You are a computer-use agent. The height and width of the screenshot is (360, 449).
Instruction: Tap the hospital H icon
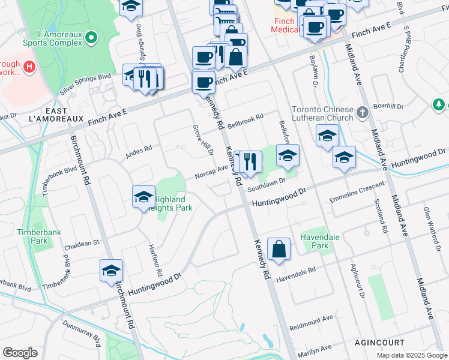click(28, 65)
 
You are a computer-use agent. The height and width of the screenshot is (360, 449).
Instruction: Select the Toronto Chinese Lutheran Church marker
click(362, 112)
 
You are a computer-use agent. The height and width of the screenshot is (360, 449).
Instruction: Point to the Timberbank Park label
click(32, 236)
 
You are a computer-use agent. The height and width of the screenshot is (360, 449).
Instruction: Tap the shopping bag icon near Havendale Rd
click(279, 250)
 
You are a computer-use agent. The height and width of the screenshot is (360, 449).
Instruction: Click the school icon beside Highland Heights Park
click(143, 197)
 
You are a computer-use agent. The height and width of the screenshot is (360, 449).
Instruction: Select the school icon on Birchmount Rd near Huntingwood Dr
click(111, 271)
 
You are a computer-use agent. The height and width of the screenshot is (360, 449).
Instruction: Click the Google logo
click(20, 353)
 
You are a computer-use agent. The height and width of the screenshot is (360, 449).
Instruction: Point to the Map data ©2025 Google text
click(411, 355)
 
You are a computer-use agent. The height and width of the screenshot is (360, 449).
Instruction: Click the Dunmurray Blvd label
click(78, 334)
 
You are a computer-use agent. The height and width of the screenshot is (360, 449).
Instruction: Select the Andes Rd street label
click(139, 152)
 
